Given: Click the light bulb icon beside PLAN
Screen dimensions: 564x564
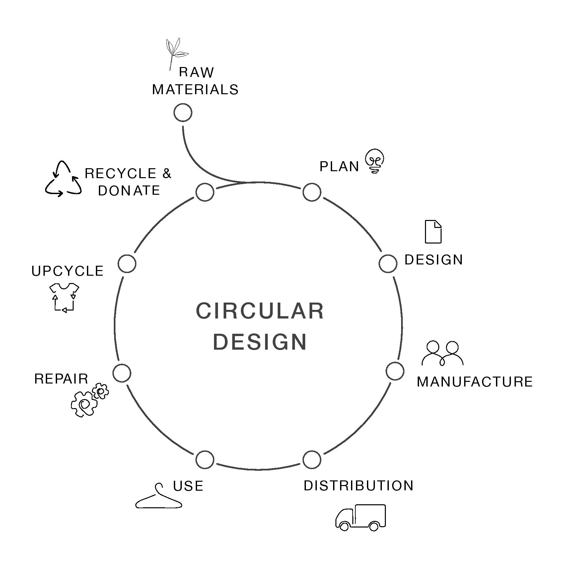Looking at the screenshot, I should click(x=375, y=161).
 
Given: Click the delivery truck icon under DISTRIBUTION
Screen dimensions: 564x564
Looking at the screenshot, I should click(x=361, y=518).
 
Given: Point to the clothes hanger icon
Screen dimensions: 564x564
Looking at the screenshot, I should click(x=159, y=497).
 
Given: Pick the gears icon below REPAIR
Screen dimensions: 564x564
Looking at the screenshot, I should click(x=89, y=400).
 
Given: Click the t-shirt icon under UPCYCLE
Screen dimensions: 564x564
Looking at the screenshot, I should click(x=64, y=297).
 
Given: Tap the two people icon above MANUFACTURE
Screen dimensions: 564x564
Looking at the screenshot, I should click(x=442, y=353).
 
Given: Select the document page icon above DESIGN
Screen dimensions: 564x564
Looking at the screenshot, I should click(x=433, y=232).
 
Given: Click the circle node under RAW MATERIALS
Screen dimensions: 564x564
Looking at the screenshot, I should click(x=183, y=112).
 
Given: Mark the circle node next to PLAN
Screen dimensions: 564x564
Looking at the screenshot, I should click(x=312, y=192).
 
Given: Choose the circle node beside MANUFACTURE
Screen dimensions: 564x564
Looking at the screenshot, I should click(x=395, y=371).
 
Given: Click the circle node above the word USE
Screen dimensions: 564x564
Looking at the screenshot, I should click(x=205, y=459).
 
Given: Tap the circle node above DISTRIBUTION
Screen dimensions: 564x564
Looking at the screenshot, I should click(x=312, y=459).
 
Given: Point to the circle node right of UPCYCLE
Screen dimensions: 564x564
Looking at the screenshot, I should click(x=127, y=264).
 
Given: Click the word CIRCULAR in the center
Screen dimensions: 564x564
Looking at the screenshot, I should click(x=260, y=311).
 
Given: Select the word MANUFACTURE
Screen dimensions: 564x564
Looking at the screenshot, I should click(x=474, y=382).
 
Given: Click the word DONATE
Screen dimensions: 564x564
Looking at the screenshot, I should click(x=129, y=191).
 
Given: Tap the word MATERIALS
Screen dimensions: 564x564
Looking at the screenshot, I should click(x=195, y=90).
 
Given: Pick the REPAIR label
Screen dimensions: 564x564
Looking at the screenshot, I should click(x=61, y=379).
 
